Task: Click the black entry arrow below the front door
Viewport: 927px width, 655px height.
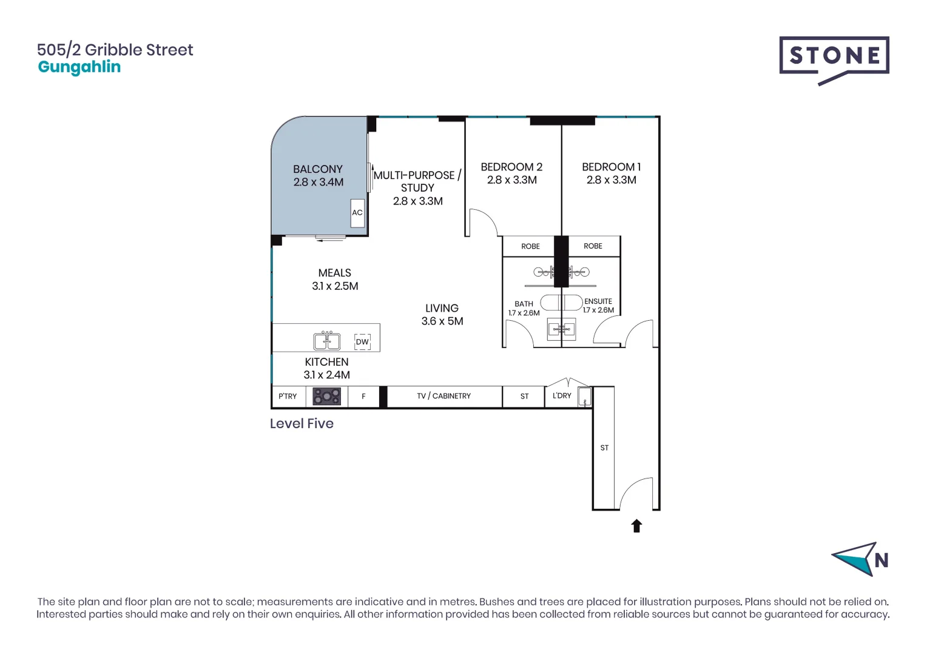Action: point(636,526)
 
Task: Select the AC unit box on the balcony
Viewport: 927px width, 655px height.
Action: point(357,213)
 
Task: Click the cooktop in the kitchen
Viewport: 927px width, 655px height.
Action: point(326,397)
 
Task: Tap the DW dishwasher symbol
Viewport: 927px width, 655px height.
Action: point(362,342)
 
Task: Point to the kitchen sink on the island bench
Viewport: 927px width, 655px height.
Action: point(327,341)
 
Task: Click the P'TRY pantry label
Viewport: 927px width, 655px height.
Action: point(288,397)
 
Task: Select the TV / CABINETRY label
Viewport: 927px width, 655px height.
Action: point(443,396)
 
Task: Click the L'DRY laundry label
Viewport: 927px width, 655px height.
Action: point(562,395)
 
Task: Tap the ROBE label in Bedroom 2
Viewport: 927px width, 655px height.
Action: point(530,246)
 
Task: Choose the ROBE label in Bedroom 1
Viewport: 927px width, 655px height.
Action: point(593,246)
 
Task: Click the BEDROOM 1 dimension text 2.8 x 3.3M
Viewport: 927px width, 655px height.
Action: point(611,180)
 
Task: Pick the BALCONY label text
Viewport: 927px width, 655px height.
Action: point(318,169)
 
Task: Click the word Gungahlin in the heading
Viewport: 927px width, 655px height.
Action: point(79,67)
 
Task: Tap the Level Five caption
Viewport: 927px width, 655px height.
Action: point(302,424)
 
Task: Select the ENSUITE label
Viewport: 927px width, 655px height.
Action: point(598,301)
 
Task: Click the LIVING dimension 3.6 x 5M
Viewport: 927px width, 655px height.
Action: point(442,321)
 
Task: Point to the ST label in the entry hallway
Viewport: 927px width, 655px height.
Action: point(604,448)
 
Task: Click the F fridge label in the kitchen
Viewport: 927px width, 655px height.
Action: point(363,397)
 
